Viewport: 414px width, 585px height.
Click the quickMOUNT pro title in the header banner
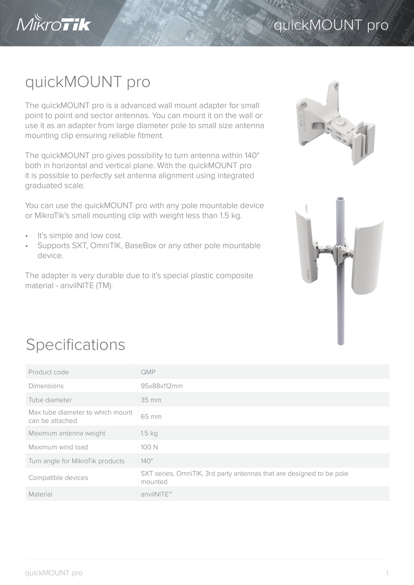click(331, 25)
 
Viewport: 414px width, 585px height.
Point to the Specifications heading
click(76, 344)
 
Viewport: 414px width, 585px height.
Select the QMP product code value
click(148, 372)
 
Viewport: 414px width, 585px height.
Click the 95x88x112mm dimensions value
click(162, 386)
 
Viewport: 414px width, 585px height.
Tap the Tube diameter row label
click(50, 400)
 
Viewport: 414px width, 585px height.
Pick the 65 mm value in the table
click(151, 417)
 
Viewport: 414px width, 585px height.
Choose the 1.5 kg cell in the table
click(149, 433)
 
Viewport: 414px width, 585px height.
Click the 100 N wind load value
click(149, 447)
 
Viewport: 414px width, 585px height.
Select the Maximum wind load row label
click(58, 447)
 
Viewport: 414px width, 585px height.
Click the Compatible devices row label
click(58, 478)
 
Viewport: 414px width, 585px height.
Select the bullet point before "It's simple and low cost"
click(27, 236)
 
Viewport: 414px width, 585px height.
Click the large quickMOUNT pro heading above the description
click(88, 82)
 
